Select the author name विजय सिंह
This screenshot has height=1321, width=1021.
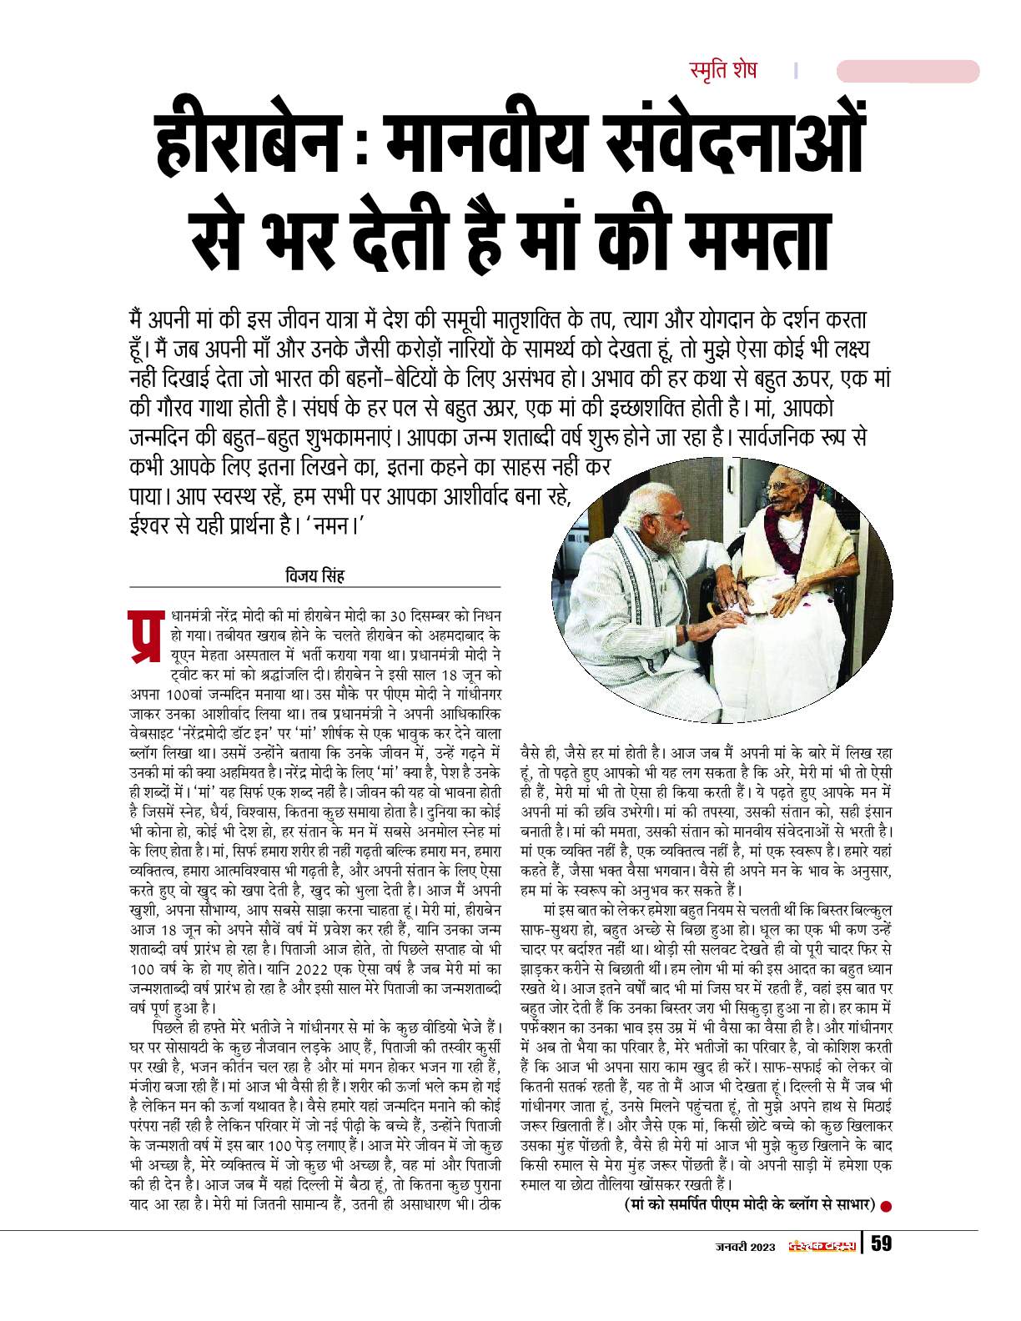coord(314,576)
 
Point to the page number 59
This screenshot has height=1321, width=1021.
coord(882,1246)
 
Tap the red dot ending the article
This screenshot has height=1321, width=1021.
coord(887,1204)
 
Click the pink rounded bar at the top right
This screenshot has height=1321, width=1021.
coord(908,72)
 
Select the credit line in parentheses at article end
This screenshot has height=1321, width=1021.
coord(748,1204)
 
